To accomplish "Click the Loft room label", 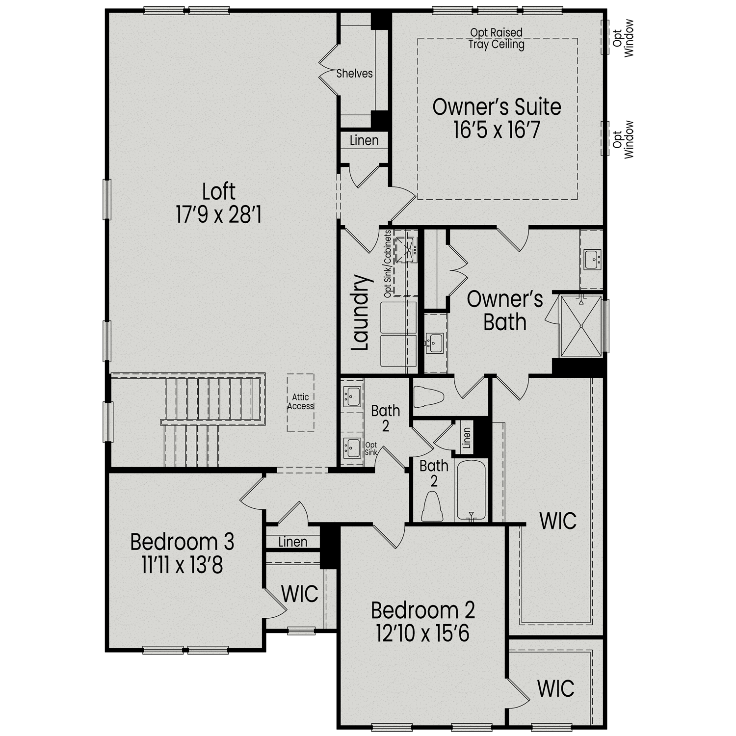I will pos(219,191).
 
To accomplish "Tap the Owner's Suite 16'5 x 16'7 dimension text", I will pos(497,131).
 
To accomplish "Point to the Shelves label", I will pos(354,74).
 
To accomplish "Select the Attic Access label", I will pos(300,401).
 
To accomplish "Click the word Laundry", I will pos(361,313).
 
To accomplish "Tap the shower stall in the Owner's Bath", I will pos(581,325).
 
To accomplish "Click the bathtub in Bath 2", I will pos(471,490).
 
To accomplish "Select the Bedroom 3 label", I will pos(182,542).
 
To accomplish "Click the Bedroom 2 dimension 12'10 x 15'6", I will pos(422,633).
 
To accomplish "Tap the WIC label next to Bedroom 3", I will pos(300,594).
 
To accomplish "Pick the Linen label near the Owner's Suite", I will pos(364,140).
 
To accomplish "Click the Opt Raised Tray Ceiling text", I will pos(496,39).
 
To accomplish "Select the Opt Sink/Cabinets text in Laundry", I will pos(388,264).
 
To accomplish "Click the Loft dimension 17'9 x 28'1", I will pos(219,215).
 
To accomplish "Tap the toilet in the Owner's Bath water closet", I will pos(428,396).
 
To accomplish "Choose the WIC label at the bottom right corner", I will pos(555,688).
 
